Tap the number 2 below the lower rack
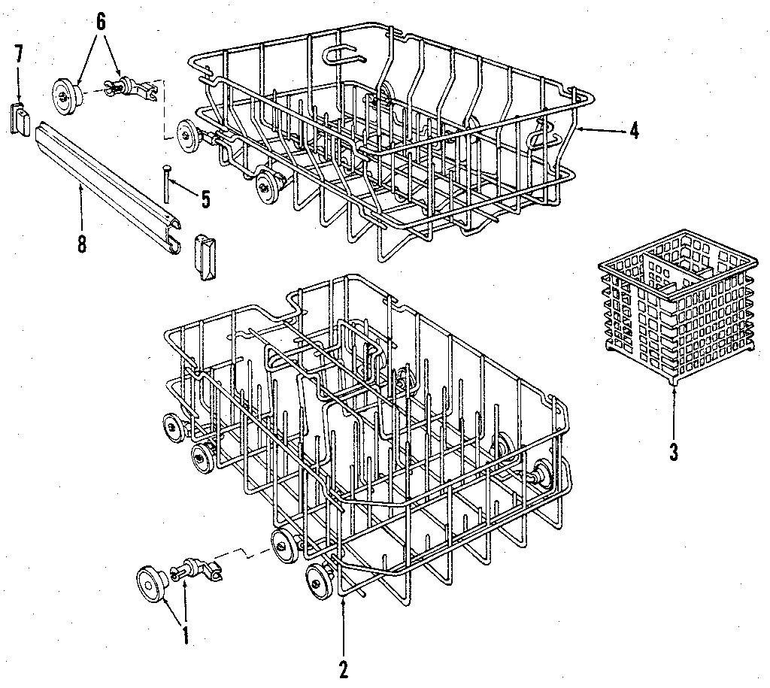click(x=344, y=668)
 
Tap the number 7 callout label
click(x=19, y=53)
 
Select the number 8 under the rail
click(x=81, y=244)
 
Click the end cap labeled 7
click(x=20, y=119)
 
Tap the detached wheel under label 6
click(x=65, y=93)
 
